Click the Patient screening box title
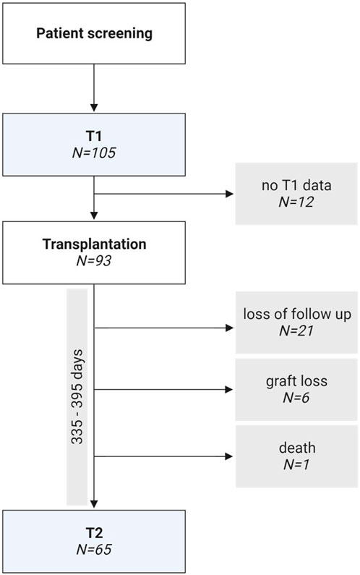click(94, 34)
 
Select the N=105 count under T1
click(94, 153)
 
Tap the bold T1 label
click(94, 137)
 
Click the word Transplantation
click(94, 244)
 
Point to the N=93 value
click(94, 260)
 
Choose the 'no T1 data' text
click(296, 185)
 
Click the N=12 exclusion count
click(296, 202)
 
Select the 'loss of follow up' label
click(297, 315)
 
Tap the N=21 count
click(296, 331)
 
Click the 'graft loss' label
click(296, 381)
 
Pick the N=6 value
click(296, 398)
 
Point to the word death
click(297, 448)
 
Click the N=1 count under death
click(296, 464)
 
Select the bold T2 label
click(94, 533)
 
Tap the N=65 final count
click(94, 550)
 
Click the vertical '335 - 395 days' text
click(77, 397)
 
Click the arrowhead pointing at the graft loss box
click(229, 389)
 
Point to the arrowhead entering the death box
click(229, 456)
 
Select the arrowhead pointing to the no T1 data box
click(229, 194)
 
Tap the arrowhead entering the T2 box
click(94, 504)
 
